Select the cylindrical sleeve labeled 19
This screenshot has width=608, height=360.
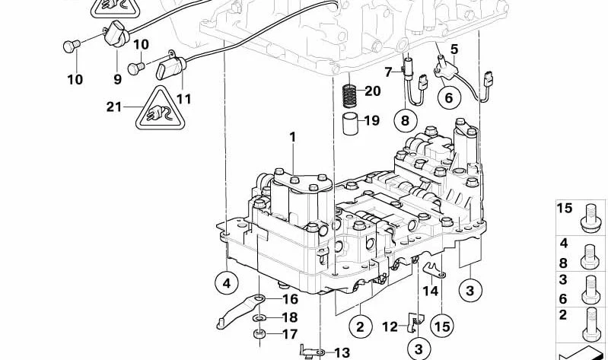351,123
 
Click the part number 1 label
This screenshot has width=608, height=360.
293,137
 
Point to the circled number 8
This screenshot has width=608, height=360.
405,121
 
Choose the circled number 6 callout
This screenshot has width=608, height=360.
449,97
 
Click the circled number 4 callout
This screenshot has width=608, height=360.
227,283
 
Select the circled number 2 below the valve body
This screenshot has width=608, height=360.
360,327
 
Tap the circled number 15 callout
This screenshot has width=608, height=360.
442,327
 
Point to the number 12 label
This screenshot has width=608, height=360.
390,327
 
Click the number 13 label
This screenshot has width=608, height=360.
342,352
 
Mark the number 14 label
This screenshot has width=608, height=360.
430,291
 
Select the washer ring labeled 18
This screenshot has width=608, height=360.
259,318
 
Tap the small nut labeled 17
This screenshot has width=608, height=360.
259,333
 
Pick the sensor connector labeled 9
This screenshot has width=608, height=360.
116,34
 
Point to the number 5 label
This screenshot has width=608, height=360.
454,49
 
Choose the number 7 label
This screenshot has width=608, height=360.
389,72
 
